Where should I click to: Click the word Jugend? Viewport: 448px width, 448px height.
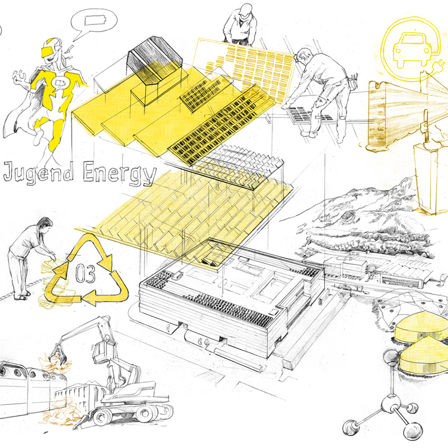pos(38,172)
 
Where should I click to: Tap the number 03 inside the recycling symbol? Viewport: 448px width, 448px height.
pos(85,274)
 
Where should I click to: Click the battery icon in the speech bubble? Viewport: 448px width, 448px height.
pos(95,21)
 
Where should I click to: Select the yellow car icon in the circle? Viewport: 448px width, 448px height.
pos(412,50)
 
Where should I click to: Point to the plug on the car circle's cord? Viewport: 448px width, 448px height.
pos(438,65)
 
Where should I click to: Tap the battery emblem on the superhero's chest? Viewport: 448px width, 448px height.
pos(60,83)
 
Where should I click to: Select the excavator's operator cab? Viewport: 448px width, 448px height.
pos(101,352)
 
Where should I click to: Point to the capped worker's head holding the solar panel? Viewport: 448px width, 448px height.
pos(245,11)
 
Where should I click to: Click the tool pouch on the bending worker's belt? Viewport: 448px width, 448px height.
pos(353,81)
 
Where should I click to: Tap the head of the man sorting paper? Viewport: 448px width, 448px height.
pos(45,223)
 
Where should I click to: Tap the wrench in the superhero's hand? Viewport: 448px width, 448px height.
pos(20,77)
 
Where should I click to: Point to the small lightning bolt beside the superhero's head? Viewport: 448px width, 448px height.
pos(70,49)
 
